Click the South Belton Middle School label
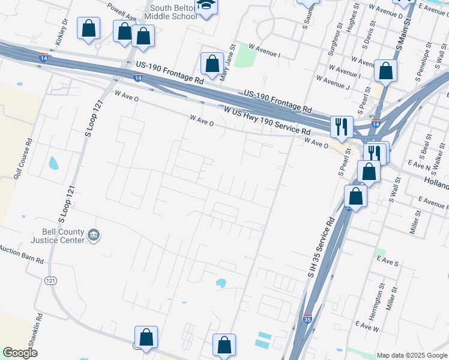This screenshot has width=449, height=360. [x=173, y=12]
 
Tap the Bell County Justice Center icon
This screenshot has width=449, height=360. [x=93, y=235]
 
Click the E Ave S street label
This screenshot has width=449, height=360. [x=387, y=262]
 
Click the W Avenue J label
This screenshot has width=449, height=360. [x=333, y=83]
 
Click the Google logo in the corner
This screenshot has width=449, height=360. [x=20, y=353]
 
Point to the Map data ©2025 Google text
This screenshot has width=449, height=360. [x=411, y=355]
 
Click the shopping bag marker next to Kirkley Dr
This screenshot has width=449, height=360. [x=89, y=28]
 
